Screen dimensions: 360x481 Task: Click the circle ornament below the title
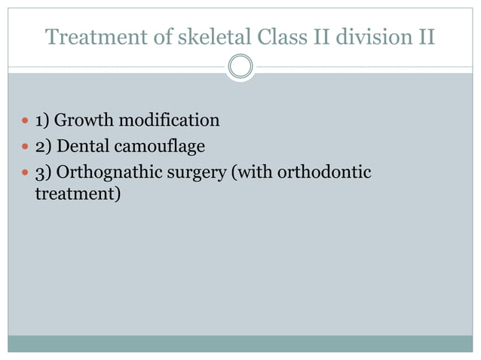coord(240,66)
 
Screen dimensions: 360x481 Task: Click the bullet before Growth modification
coord(25,121)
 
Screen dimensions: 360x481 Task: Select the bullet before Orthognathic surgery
coord(25,172)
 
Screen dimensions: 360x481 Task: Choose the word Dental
coord(82,145)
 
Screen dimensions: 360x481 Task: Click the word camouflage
coord(159,145)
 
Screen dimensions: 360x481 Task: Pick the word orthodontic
coord(324,172)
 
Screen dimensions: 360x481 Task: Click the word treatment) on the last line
coord(78,194)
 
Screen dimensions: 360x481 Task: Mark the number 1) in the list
coord(43,121)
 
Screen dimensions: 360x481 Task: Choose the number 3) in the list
coord(43,172)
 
